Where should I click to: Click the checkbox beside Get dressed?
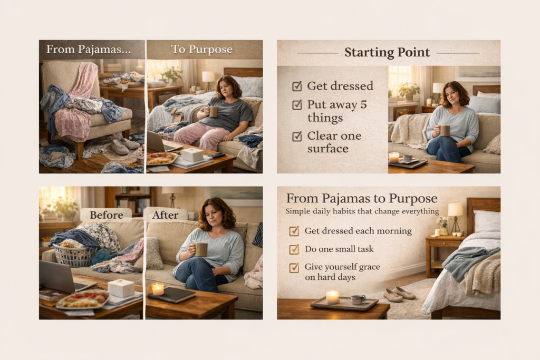point(297,86)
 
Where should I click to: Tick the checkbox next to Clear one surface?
point(297,137)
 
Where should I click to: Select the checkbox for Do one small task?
point(294,249)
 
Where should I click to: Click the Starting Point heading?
point(387,53)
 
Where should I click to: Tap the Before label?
point(106,215)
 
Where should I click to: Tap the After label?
point(165,215)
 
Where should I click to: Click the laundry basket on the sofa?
point(74,255)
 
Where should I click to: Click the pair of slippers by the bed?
point(399,294)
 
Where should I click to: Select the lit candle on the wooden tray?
point(332,297)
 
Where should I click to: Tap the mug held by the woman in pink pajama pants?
point(213,112)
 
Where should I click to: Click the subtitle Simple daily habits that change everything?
point(362,211)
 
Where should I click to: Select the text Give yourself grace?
point(342,267)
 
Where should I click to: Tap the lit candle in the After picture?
point(157,288)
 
